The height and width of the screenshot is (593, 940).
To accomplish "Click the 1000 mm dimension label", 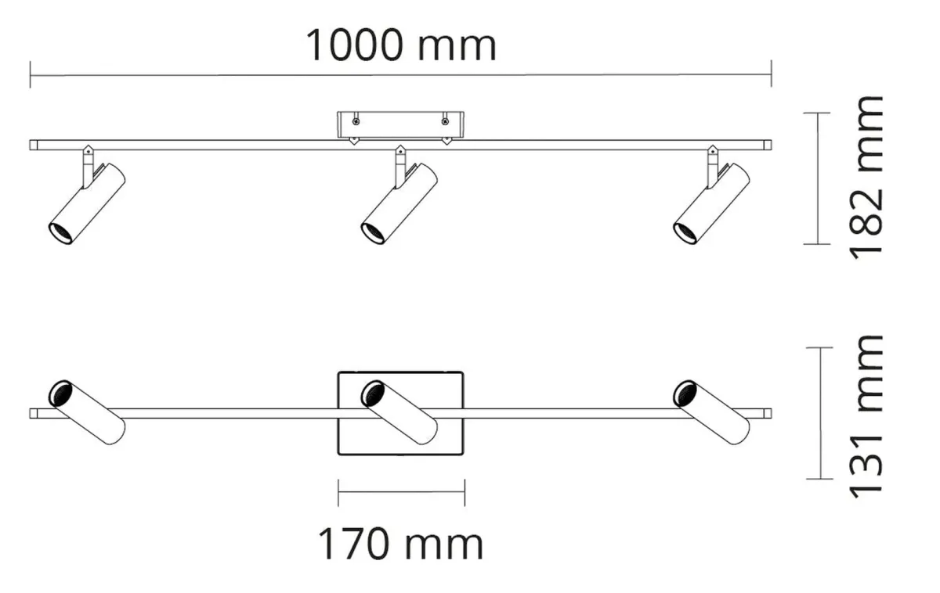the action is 401,45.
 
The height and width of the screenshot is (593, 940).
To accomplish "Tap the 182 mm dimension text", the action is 866,178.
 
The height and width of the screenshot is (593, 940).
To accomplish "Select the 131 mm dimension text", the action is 866,417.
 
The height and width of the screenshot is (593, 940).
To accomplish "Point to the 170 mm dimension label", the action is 401,544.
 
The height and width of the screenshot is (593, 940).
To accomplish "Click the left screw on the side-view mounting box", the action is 356,121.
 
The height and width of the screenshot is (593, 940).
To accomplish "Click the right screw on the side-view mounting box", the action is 445,121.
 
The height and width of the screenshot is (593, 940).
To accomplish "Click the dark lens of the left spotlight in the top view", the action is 60,393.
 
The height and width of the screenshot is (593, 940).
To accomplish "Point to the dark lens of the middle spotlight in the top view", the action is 373,393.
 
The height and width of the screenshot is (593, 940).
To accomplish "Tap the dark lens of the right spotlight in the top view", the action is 685,393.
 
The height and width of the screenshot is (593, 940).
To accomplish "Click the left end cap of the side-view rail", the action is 34,146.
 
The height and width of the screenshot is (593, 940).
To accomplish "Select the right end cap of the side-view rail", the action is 768,146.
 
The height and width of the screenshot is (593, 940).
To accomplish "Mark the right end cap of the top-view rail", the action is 768,414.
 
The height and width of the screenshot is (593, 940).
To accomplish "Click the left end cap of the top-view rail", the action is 34,414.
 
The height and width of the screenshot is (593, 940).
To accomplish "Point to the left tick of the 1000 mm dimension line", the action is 31,74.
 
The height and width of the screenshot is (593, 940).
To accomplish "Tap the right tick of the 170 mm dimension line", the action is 465,492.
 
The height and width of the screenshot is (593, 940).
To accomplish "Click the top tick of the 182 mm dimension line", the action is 817,113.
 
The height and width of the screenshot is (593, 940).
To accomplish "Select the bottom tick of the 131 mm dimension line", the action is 819,479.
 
